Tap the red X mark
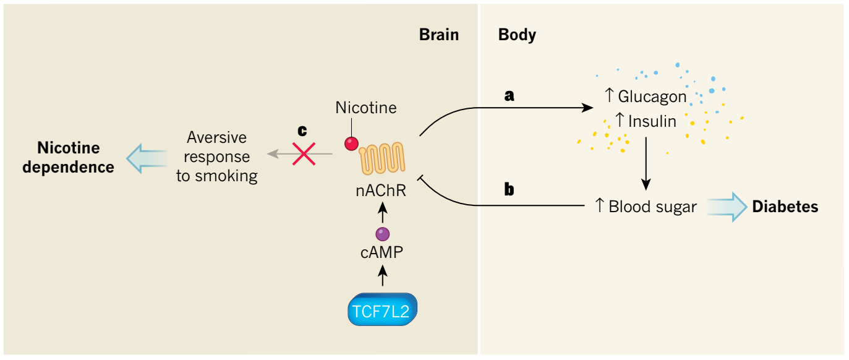tap(304, 152)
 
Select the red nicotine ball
tap(352, 144)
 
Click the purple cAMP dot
tap(383, 234)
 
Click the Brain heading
tap(439, 35)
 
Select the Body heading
tap(517, 35)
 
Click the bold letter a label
tap(510, 96)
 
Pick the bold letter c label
tap(302, 131)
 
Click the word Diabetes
tap(785, 207)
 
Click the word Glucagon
tap(652, 96)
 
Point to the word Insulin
tap(652, 121)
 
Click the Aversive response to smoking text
tap(216, 156)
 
